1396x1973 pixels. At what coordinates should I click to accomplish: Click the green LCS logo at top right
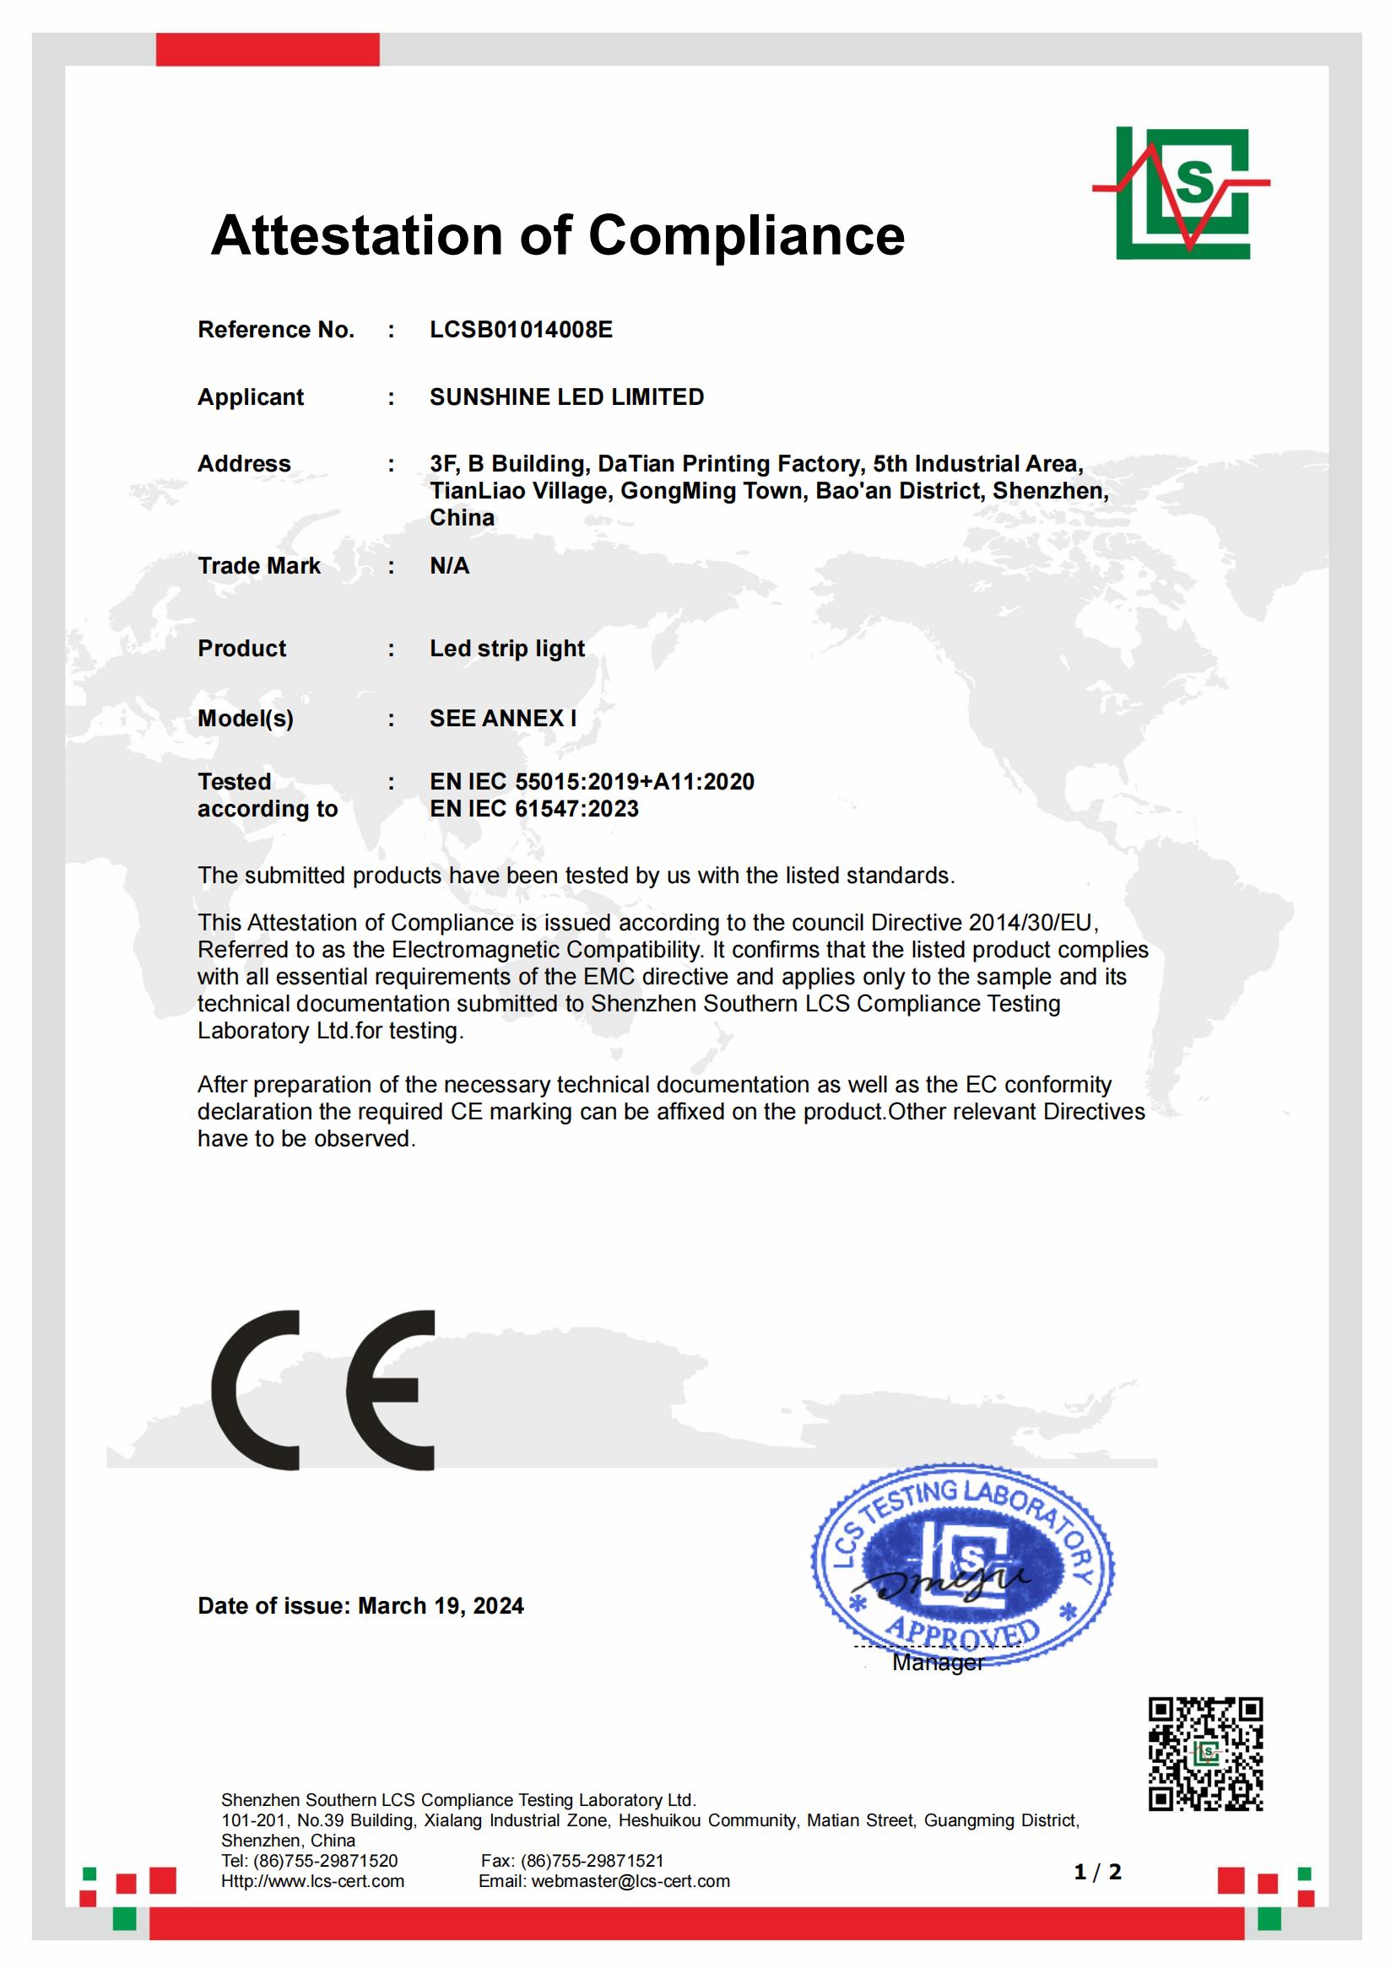tap(1182, 192)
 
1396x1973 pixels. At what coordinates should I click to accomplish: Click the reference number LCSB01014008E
tap(521, 330)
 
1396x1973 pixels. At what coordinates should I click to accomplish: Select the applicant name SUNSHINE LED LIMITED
tap(566, 397)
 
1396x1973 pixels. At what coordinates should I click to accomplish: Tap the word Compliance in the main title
tap(746, 235)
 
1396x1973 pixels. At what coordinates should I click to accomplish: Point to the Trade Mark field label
tap(259, 565)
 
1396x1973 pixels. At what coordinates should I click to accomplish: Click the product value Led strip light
tap(507, 648)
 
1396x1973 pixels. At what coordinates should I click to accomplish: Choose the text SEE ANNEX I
tap(503, 719)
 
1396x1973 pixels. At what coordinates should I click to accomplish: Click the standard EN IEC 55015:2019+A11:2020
tap(592, 782)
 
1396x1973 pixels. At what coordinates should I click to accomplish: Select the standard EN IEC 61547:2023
tap(533, 809)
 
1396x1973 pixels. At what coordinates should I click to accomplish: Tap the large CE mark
tap(324, 1389)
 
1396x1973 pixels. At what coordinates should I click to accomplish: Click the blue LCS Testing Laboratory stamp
tap(962, 1565)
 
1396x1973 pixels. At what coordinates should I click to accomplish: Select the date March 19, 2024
tap(440, 1606)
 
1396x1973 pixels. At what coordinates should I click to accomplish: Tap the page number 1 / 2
tap(1098, 1873)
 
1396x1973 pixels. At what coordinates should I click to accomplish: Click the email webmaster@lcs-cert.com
tap(630, 1881)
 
